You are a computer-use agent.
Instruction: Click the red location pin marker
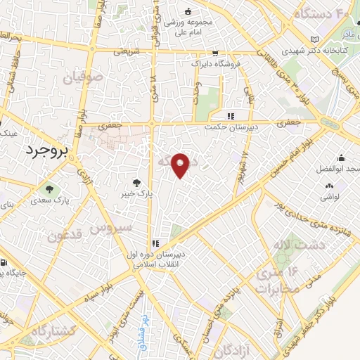click(x=181, y=165)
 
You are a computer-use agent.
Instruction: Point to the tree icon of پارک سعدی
click(x=49, y=188)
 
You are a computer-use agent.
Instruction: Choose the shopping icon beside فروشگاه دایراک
click(x=214, y=53)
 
